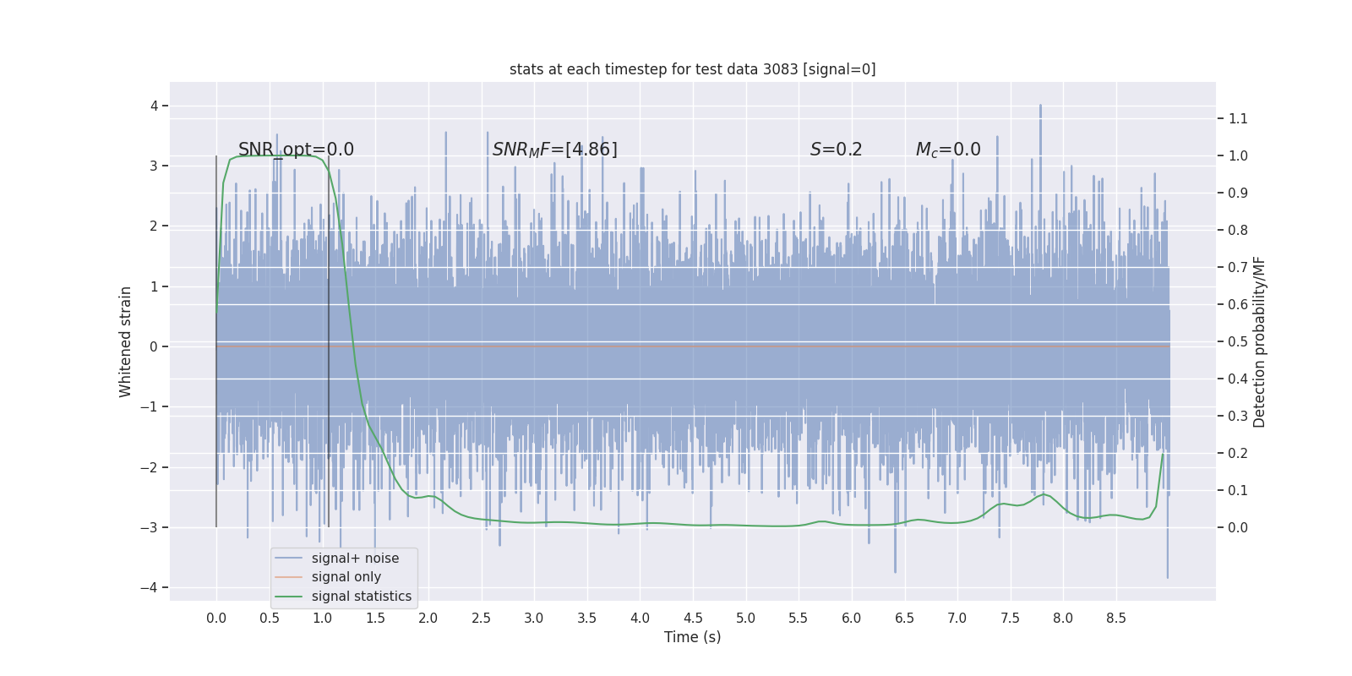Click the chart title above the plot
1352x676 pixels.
[692, 69]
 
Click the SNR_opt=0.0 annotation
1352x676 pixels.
[296, 150]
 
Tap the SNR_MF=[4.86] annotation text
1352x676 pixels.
[554, 150]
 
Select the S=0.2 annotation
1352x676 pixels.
[836, 150]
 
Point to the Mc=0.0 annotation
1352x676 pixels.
[948, 150]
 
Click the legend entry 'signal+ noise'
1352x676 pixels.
[355, 558]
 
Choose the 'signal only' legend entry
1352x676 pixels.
[346, 577]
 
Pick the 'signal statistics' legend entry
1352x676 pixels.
[361, 596]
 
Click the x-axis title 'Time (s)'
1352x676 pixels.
[692, 637]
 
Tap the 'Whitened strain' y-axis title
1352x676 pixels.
[126, 341]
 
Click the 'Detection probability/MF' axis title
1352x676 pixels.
[1259, 341]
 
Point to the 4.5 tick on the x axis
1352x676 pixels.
[693, 618]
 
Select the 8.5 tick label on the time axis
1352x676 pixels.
[1116, 618]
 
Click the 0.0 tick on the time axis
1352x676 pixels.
[216, 618]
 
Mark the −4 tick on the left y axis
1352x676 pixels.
[153, 587]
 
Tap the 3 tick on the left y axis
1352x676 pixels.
[154, 166]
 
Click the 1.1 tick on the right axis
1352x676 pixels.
[1238, 118]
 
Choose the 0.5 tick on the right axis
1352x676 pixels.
[1238, 341]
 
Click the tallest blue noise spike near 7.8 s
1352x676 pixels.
[1040, 110]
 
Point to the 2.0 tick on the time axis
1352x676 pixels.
[428, 618]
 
